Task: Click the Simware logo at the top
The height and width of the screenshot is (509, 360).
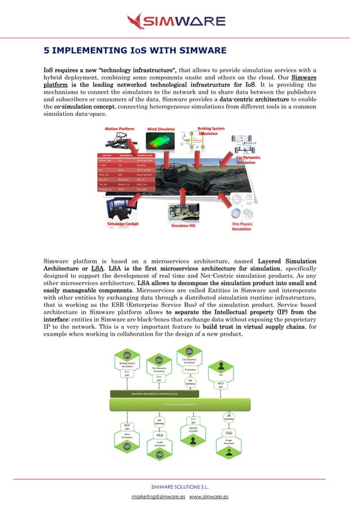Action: (x=176, y=21)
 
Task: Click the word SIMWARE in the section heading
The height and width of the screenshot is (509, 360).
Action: (x=195, y=51)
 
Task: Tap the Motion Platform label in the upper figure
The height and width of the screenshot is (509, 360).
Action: (x=120, y=129)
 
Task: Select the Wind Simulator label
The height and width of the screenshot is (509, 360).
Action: (x=161, y=129)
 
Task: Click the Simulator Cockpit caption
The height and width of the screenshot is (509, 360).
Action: (x=123, y=224)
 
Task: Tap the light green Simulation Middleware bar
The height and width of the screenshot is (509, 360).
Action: (x=179, y=405)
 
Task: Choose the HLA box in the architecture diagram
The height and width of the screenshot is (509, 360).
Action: (x=160, y=435)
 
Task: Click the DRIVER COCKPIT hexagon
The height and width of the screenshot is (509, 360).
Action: (x=193, y=431)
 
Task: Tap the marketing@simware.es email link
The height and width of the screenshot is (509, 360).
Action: (x=159, y=497)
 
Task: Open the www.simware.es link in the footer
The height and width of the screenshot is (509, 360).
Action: (x=209, y=497)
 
